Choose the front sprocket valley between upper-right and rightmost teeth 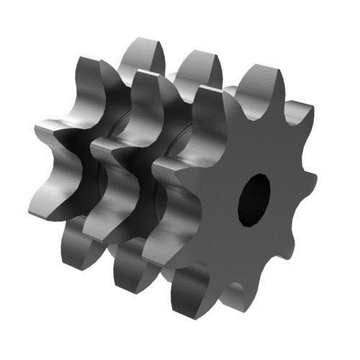(x=302, y=148)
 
